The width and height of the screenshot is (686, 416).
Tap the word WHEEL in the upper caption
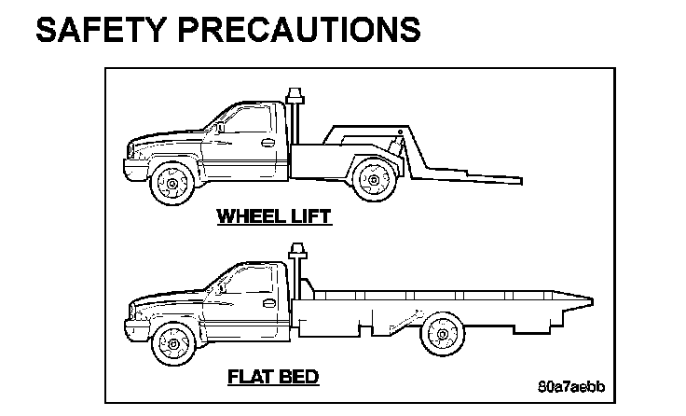pos(248,216)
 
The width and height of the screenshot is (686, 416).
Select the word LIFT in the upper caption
pos(307,216)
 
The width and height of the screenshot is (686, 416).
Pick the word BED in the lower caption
pos(299,377)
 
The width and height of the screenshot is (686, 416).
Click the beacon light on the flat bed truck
pos(297,253)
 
